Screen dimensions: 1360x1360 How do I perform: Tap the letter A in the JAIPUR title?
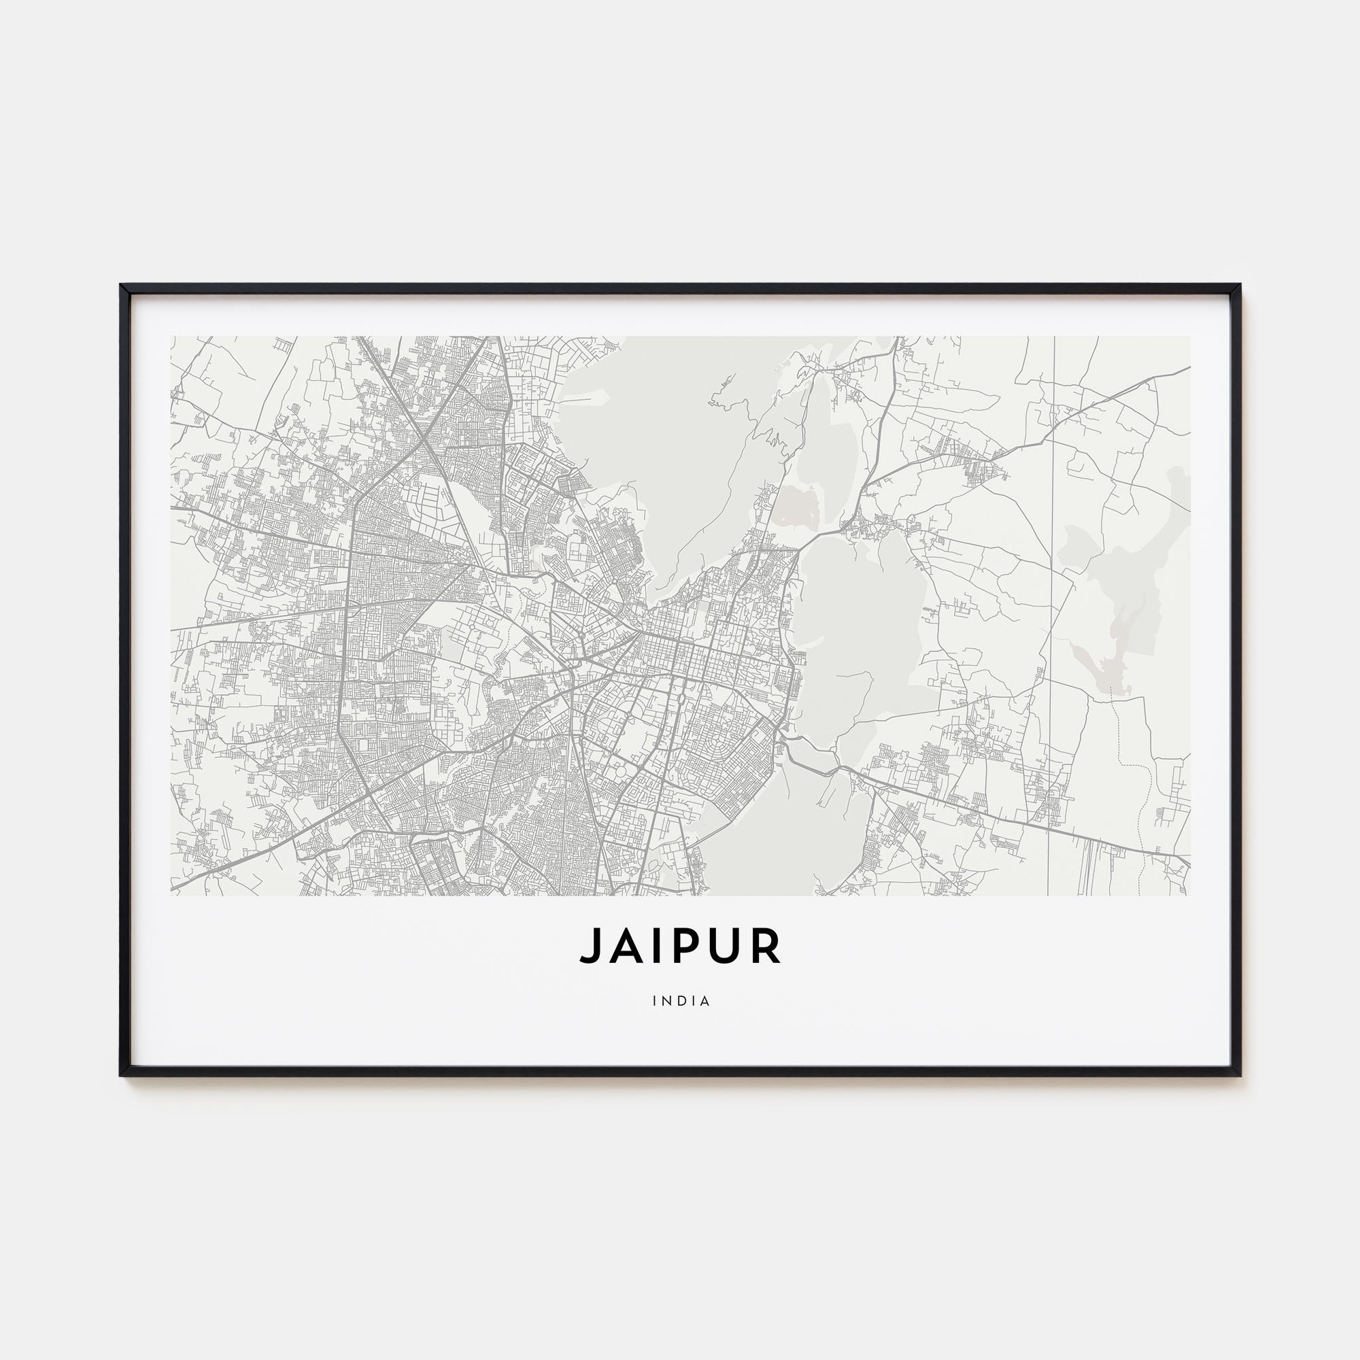[625, 946]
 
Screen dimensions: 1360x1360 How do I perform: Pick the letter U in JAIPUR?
[725, 946]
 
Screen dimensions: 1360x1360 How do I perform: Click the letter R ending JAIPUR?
[766, 946]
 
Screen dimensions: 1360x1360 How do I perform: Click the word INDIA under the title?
[681, 1001]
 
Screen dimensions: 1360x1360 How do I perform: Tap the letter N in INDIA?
[666, 1001]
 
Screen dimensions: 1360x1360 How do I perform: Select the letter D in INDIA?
[680, 1001]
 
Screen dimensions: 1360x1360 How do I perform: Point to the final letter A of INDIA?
[705, 1001]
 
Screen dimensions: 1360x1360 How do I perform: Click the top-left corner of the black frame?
[122, 286]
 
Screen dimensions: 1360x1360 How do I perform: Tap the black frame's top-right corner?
[1239, 286]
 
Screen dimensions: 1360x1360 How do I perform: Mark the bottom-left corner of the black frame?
[122, 1075]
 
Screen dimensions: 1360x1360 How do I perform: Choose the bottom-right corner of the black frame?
[1239, 1075]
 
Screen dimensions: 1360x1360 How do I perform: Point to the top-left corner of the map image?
[171, 337]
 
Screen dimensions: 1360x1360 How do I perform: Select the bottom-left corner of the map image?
[171, 896]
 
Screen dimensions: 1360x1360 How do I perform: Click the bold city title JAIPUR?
[680, 946]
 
